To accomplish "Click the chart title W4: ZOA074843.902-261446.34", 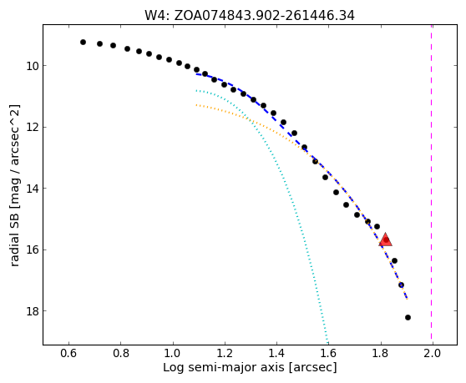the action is click(250, 16).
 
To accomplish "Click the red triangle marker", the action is click(386, 239).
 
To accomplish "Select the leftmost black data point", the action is click(83, 43).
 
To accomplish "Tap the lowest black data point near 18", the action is click(408, 317).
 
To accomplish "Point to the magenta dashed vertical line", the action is click(431, 184).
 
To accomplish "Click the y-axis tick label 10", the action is click(32, 66).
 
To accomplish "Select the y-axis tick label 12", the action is click(32, 128).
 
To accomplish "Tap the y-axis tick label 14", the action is click(32, 189).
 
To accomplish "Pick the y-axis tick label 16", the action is click(32, 250).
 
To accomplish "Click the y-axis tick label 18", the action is click(32, 311).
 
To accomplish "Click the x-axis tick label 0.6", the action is click(69, 354).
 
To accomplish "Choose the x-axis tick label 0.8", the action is click(120, 354).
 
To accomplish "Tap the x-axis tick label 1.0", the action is click(173, 354).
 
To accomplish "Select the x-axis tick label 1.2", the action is click(225, 354).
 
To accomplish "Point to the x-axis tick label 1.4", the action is click(276, 354).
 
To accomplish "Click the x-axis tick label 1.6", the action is click(328, 354).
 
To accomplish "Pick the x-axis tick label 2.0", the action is click(433, 354).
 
